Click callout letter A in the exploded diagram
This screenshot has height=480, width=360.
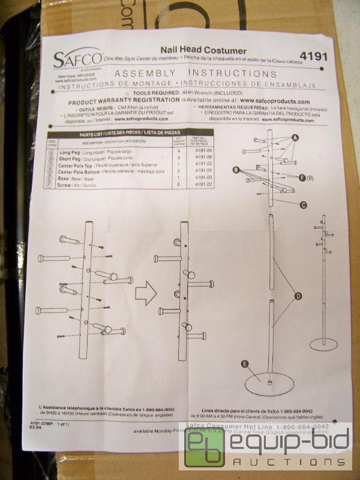pos(295,137)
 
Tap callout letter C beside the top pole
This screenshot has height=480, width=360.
pos(304,205)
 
